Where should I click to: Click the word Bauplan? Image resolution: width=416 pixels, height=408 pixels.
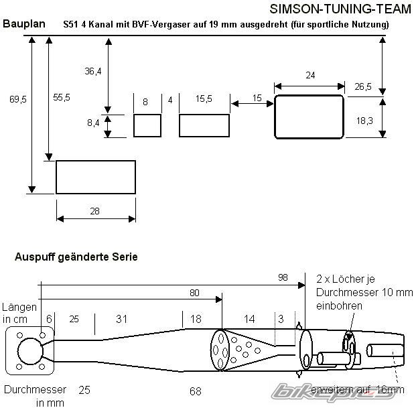tap(24, 23)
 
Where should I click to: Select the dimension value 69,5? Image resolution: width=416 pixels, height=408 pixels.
tap(18, 99)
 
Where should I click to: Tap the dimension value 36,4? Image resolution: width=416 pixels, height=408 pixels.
tap(93, 71)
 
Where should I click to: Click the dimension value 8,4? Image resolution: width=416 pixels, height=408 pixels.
tap(93, 123)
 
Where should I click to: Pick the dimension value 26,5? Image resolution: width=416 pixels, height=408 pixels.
tap(363, 86)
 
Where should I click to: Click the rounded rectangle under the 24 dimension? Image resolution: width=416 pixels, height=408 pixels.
tap(309, 117)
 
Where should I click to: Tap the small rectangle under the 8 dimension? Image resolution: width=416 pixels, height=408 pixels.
tap(147, 125)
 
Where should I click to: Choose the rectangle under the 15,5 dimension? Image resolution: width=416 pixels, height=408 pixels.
tap(204, 125)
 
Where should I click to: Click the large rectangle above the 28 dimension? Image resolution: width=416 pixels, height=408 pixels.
tap(95, 177)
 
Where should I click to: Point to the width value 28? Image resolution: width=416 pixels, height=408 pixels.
tap(94, 211)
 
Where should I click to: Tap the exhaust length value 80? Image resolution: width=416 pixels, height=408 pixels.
tap(194, 292)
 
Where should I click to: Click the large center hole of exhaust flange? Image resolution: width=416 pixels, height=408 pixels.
tap(30, 350)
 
